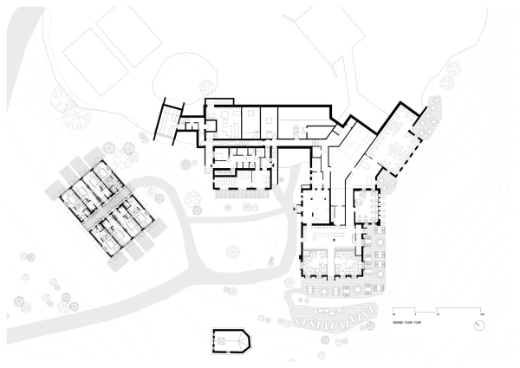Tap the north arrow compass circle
479,325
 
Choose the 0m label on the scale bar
394,313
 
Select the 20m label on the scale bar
478,313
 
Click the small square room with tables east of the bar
367,205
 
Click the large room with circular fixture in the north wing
222,121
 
